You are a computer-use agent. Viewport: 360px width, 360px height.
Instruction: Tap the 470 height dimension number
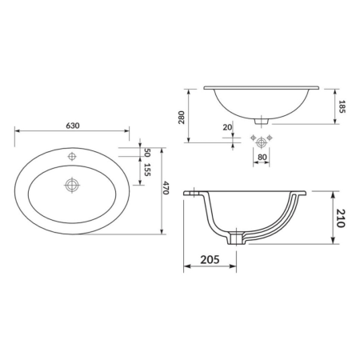(x=167, y=189)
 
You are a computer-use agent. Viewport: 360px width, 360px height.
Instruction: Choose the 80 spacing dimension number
(x=261, y=157)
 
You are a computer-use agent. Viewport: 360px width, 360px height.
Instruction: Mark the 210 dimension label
(x=341, y=218)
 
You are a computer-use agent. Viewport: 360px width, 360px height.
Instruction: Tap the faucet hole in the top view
(x=72, y=155)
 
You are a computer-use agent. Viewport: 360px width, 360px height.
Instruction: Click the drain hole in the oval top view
(x=72, y=185)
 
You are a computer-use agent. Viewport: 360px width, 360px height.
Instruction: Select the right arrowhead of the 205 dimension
(x=237, y=266)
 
